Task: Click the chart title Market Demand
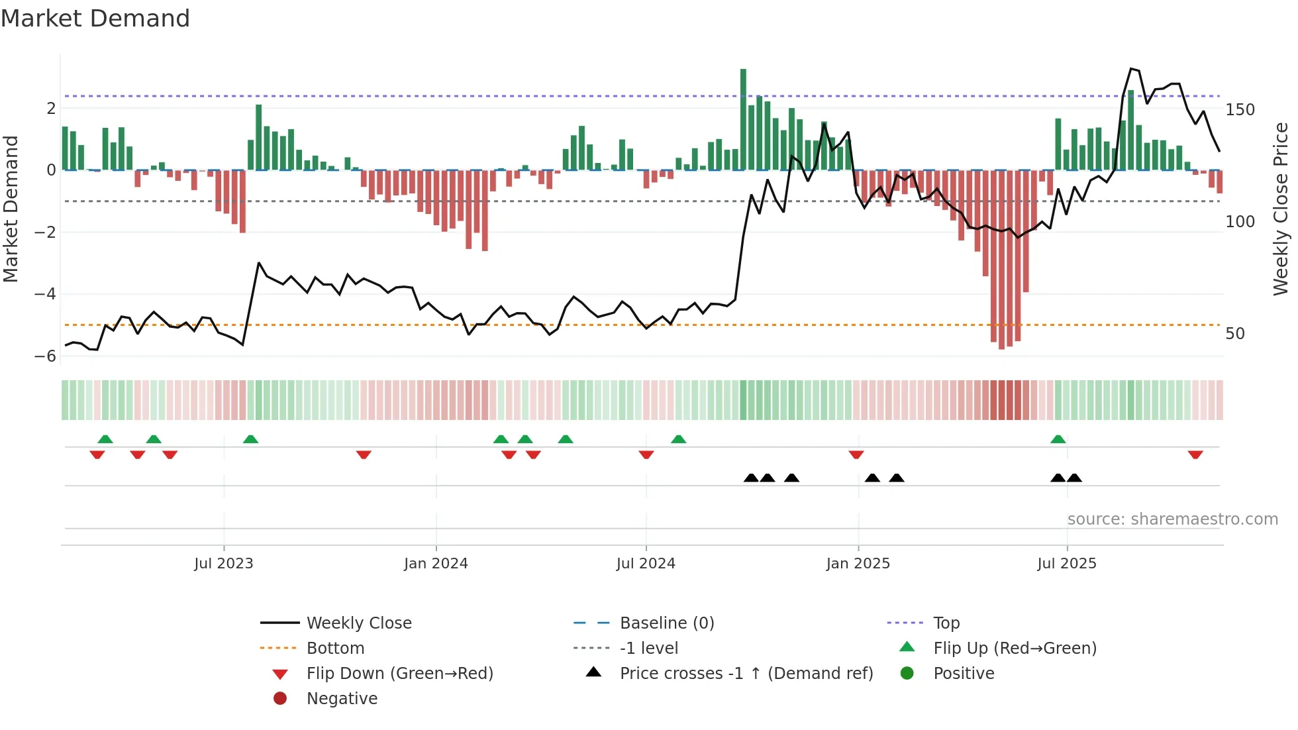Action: [95, 19]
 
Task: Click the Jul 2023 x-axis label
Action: [223, 564]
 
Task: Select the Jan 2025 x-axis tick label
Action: [858, 564]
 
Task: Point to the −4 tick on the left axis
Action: [45, 293]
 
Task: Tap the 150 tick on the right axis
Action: [1240, 110]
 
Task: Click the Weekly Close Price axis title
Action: [1281, 209]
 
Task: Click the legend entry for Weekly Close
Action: [358, 623]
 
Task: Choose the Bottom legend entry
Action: [335, 649]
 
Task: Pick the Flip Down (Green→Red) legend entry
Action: [399, 674]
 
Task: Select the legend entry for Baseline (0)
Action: [666, 623]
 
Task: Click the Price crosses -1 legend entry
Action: [746, 674]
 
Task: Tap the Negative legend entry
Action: [342, 699]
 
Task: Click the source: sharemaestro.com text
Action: [1172, 519]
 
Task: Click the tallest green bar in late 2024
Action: [743, 119]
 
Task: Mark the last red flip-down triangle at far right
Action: [1195, 454]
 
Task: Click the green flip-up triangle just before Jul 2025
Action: [1058, 439]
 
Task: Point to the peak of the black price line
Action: [1131, 68]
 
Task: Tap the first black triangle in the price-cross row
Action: [751, 478]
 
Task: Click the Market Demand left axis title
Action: [11, 209]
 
